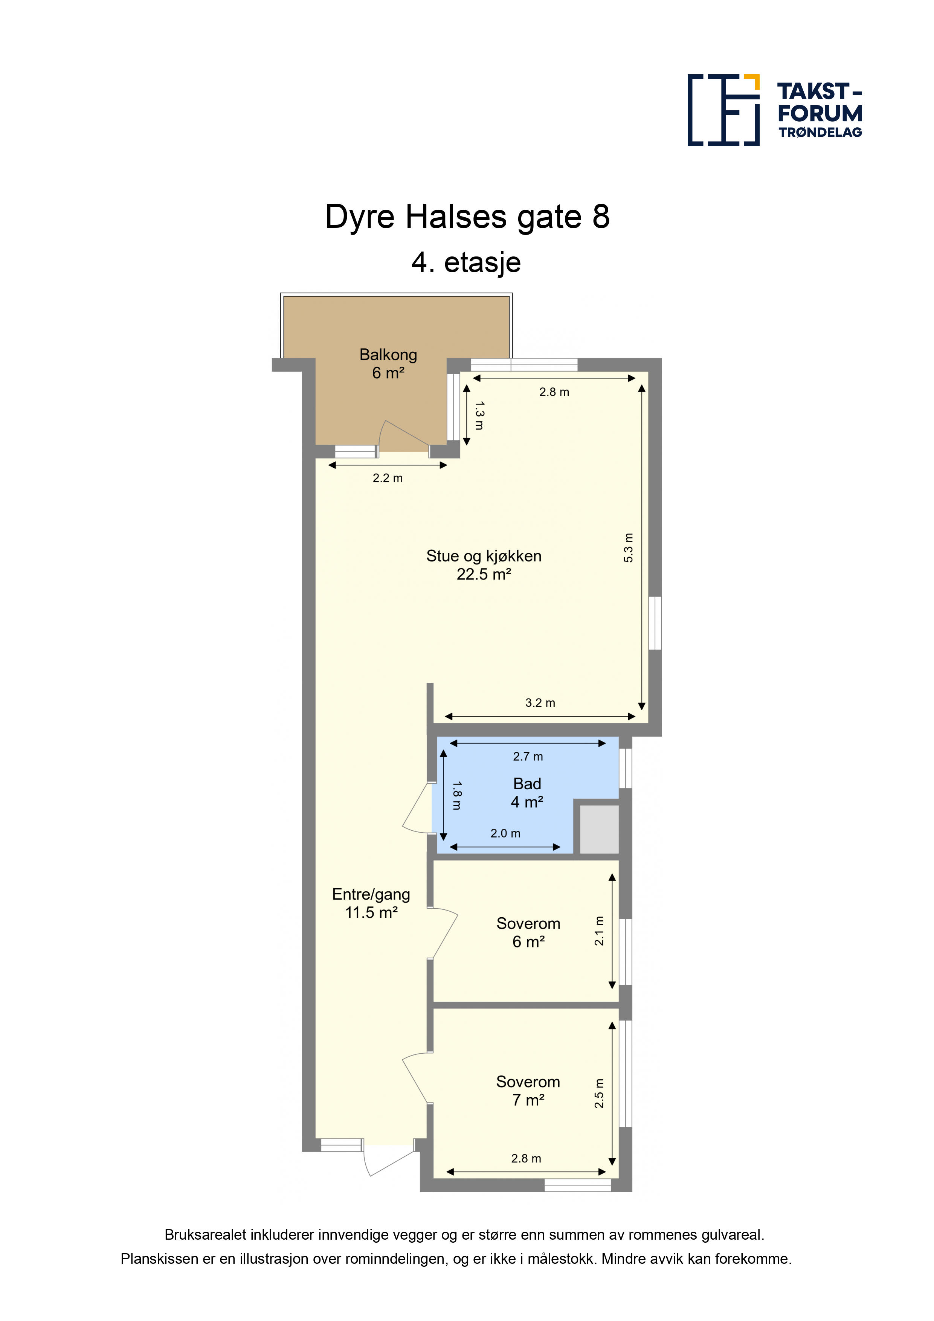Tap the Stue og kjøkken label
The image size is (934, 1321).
coord(484,556)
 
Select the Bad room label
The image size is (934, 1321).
coord(527,784)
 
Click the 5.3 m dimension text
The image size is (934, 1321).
coord(629,548)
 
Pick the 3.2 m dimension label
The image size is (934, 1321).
coord(540,703)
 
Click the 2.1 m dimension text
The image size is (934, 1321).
coord(599,930)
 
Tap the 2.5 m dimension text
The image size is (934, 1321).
coord(599,1093)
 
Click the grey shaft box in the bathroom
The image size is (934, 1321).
coord(599,829)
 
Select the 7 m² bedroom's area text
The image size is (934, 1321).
coord(528,1100)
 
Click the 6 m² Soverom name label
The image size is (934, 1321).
coord(528,923)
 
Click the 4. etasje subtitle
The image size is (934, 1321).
coord(466,262)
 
